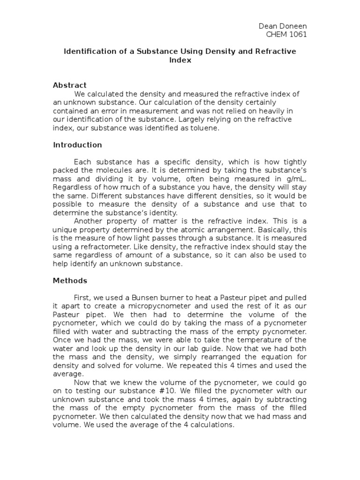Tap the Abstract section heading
tap(69, 85)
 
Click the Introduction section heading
tap(77, 145)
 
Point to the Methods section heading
tap(70, 281)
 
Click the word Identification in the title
tap(87, 51)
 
